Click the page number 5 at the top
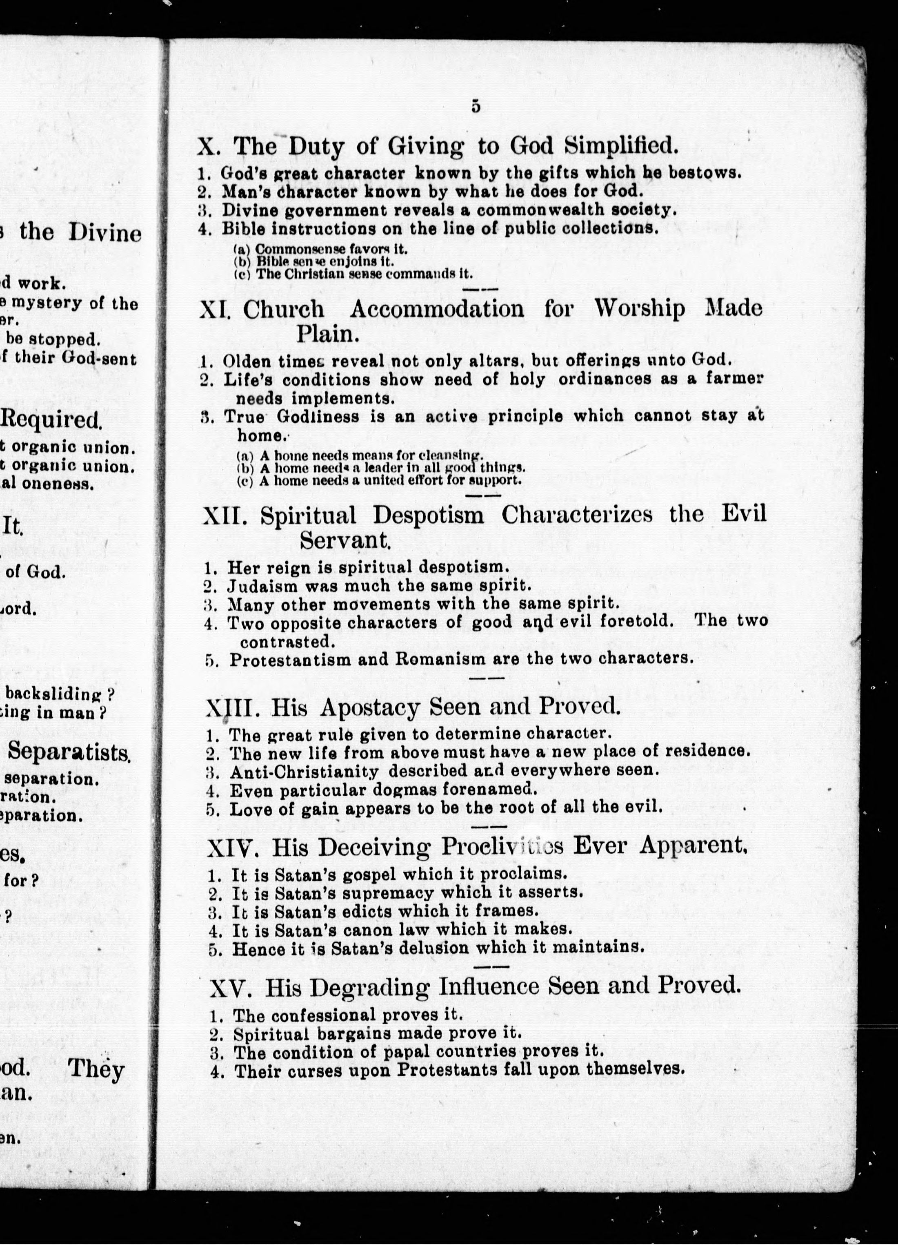(x=475, y=107)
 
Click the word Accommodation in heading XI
(x=437, y=309)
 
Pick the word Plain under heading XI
(x=328, y=333)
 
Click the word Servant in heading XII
(x=345, y=541)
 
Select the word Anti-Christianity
(x=304, y=771)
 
